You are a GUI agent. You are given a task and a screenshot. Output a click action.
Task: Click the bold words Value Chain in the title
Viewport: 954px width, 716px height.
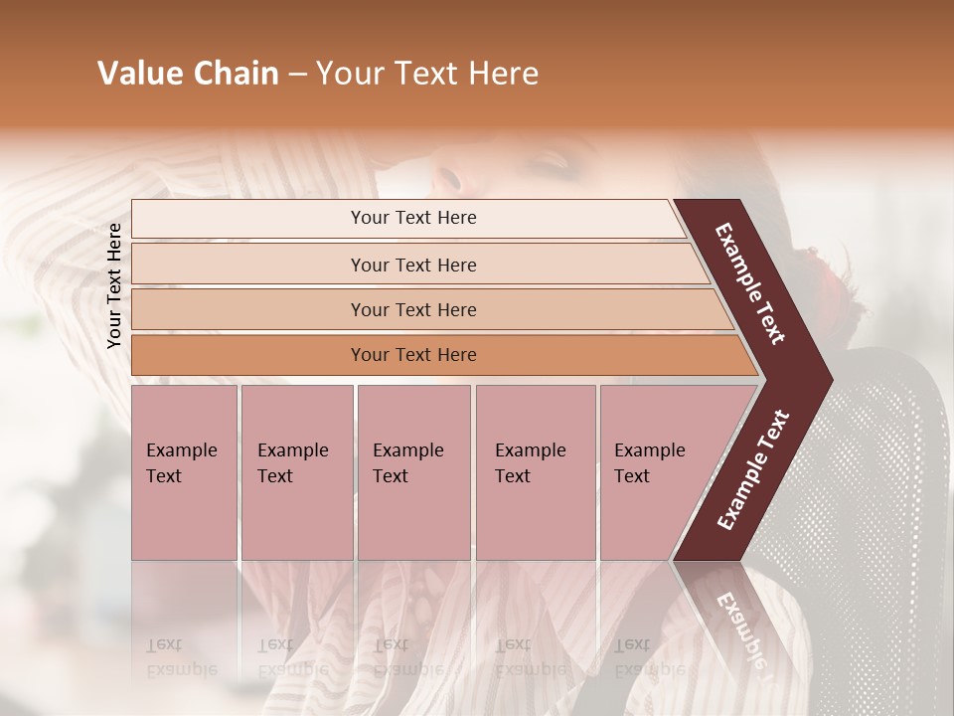(188, 74)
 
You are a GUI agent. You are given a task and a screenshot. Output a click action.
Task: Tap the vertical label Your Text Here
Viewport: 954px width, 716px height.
(114, 285)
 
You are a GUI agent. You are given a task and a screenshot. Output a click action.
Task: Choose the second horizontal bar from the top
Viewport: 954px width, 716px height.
(413, 265)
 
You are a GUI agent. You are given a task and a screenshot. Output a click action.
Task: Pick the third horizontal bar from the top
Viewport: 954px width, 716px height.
(413, 309)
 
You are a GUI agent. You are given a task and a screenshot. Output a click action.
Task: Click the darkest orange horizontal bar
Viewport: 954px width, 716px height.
(413, 355)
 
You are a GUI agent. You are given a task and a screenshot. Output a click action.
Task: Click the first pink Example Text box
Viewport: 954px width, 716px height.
(184, 471)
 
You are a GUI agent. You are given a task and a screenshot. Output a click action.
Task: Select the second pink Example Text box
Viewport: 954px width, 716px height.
(296, 471)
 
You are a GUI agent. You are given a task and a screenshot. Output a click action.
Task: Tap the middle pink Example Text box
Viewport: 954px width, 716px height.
(413, 471)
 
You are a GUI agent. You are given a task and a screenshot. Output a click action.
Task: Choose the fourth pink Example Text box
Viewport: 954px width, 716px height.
(535, 471)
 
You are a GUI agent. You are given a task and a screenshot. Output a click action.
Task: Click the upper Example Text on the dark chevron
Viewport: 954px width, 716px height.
(750, 283)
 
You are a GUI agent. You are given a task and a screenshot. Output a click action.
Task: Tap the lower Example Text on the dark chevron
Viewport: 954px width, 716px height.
(753, 469)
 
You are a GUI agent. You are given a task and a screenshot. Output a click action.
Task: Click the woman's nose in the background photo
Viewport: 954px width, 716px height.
(450, 179)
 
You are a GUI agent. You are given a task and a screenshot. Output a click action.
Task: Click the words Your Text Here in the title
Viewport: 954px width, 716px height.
(427, 74)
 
